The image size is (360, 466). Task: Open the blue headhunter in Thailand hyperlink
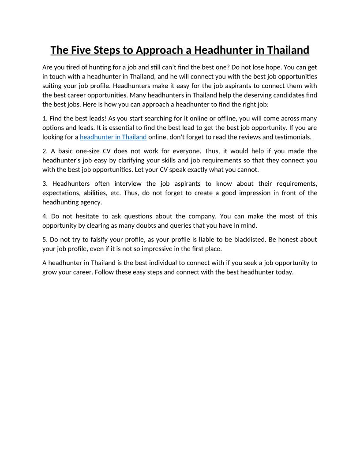[113, 137]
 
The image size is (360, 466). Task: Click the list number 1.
[45, 118]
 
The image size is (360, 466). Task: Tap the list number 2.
[45, 151]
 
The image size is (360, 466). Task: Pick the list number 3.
[45, 184]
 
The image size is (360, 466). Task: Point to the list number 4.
[45, 216]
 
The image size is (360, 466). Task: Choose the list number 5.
[45, 240]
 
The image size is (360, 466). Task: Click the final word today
[284, 272]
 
